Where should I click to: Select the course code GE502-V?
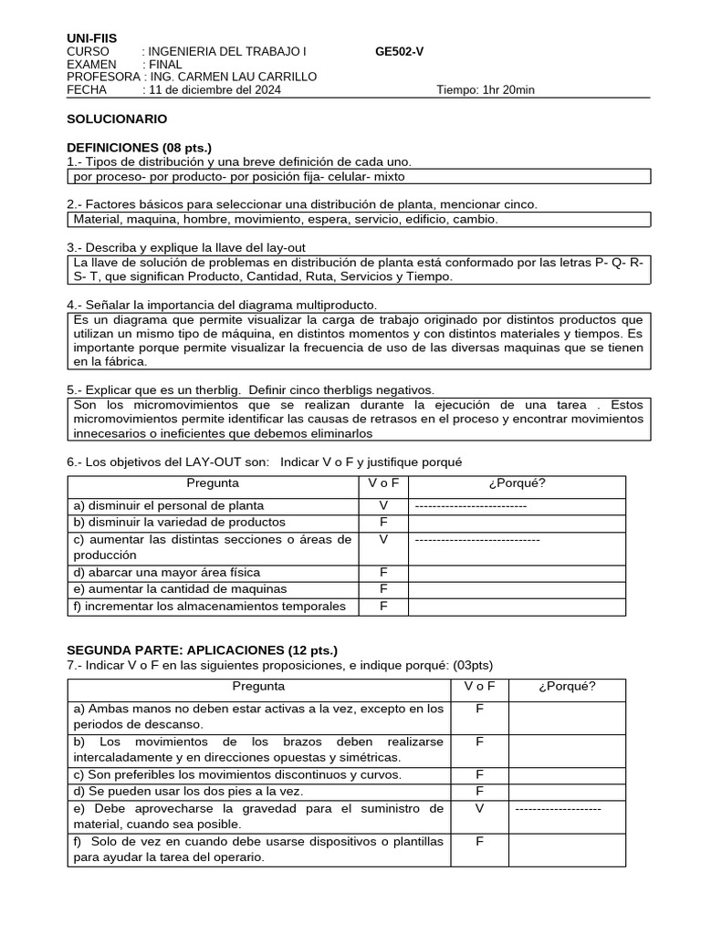coord(399,52)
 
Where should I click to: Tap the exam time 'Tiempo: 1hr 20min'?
coord(486,90)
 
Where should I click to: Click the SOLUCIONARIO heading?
coord(117,119)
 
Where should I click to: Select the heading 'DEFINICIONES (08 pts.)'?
coord(139,148)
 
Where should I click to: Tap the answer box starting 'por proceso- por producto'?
coord(239,176)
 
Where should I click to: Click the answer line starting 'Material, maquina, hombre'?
coord(286,220)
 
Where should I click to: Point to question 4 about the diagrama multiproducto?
coord(222,305)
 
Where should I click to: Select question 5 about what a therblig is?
coord(250,389)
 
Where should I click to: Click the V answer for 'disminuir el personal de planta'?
coord(383,505)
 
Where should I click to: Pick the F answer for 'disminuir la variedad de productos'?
coord(383,523)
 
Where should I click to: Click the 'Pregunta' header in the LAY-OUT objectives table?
coord(213,483)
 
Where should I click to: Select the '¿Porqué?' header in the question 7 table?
coord(567,687)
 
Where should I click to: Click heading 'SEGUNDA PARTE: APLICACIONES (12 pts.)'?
coord(202,650)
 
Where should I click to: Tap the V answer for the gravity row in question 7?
coord(479,808)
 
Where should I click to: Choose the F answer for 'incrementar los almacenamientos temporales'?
coord(383,607)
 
